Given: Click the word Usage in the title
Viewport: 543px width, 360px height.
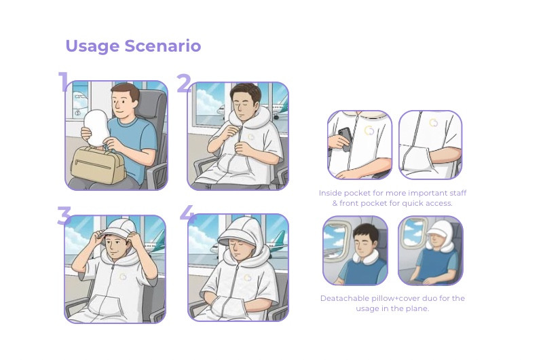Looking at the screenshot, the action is tap(92, 46).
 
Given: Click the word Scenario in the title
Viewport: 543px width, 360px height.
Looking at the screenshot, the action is tap(163, 46).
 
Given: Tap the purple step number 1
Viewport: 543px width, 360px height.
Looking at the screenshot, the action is tap(63, 82).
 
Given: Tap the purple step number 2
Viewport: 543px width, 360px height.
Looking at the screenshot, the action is tap(184, 83).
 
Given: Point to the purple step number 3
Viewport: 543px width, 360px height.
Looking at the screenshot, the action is tap(64, 215).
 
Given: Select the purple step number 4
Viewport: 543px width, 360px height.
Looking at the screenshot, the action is tap(187, 213).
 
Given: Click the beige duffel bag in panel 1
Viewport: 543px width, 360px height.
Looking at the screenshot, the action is tap(98, 165).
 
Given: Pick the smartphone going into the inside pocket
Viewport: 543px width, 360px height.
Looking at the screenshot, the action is tap(345, 139).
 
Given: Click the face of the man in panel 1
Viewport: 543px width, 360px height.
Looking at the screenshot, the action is tap(124, 103).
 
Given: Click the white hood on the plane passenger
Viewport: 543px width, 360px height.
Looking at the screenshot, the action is tap(439, 234).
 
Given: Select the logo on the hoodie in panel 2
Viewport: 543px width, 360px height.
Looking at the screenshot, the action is tap(250, 137).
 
